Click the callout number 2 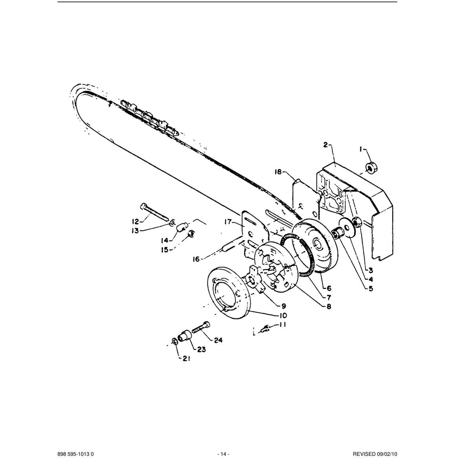click(325, 145)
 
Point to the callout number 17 click(228, 222)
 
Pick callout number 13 click(135, 230)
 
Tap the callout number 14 click(165, 241)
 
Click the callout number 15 click(166, 250)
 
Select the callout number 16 click(196, 259)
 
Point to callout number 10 click(283, 316)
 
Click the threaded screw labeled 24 click(201, 327)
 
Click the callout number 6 click(329, 288)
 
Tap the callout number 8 click(329, 307)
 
